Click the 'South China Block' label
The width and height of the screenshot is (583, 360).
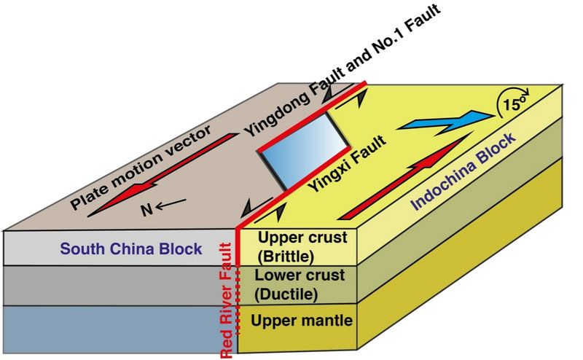(x=131, y=249)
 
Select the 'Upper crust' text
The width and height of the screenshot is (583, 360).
(x=294, y=238)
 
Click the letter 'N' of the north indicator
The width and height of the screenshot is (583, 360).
(x=146, y=211)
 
